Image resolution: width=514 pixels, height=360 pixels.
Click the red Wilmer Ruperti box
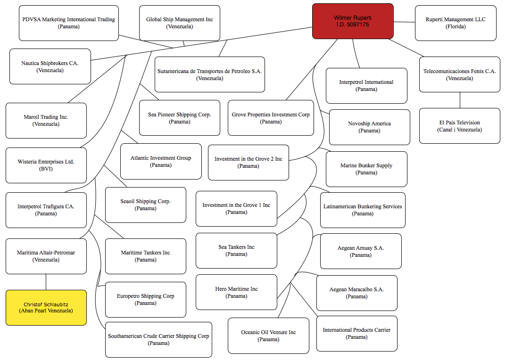[x=353, y=21]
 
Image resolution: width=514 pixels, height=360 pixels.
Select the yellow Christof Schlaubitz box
[x=46, y=308]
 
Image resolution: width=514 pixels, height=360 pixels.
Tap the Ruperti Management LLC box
[x=456, y=23]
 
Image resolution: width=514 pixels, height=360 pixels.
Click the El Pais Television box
[x=460, y=126]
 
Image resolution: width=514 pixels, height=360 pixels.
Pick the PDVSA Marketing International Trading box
[x=69, y=23]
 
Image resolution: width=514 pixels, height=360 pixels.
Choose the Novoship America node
[x=369, y=127]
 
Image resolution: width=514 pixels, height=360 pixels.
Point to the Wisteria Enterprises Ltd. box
[x=46, y=165]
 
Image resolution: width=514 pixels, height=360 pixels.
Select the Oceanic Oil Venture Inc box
[x=268, y=336]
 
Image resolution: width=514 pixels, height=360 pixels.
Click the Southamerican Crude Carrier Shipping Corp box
[x=158, y=340]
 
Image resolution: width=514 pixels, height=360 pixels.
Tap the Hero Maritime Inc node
[x=236, y=292]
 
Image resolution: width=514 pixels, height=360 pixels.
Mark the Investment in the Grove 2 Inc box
[x=249, y=163]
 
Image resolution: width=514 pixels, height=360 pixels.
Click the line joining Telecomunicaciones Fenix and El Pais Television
[x=460, y=100]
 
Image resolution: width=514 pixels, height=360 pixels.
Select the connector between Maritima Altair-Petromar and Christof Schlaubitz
[x=46, y=282]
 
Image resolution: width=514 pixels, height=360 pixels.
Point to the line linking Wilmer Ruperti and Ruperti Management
[x=404, y=22]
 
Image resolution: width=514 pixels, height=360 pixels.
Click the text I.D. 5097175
[x=353, y=25]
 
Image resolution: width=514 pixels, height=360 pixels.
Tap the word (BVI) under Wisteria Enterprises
[x=46, y=169]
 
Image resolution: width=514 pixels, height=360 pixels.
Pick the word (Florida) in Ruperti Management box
[x=456, y=26]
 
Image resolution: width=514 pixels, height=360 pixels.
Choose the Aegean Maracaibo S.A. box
[x=356, y=293]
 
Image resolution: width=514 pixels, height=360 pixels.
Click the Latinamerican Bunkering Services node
[x=363, y=210]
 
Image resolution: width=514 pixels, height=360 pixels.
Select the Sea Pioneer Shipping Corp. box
[x=180, y=118]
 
